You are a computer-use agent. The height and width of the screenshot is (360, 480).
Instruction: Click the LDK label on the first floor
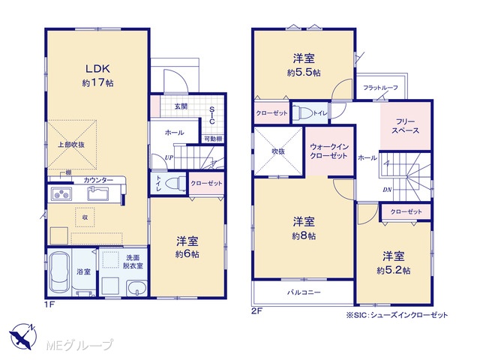(97, 68)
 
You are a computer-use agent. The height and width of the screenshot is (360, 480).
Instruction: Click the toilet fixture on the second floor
(301, 113)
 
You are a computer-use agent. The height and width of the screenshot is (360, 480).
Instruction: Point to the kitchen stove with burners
(61, 193)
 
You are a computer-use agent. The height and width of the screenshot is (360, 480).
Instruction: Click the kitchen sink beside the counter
(98, 193)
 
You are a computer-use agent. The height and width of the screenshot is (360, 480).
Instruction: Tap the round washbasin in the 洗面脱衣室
(136, 288)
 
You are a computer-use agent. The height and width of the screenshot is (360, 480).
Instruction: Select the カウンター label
(98, 180)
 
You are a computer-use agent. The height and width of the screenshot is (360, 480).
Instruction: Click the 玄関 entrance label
(181, 106)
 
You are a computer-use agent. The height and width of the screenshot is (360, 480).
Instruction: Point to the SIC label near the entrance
(211, 115)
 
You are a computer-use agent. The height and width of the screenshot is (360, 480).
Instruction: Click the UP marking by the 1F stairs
(169, 157)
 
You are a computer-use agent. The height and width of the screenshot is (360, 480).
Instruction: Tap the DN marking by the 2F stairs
(387, 190)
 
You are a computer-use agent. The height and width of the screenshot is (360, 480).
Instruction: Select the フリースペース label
(405, 126)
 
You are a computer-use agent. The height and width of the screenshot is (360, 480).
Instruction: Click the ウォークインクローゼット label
(329, 151)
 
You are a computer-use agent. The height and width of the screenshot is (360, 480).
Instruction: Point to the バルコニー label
(304, 292)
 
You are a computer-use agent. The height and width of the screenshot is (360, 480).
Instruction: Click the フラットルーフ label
(380, 88)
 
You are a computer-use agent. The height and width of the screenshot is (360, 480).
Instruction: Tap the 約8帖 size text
(304, 236)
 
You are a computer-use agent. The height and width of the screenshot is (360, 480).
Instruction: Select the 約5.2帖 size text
(394, 271)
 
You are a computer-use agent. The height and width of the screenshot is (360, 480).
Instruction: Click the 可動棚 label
(213, 139)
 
